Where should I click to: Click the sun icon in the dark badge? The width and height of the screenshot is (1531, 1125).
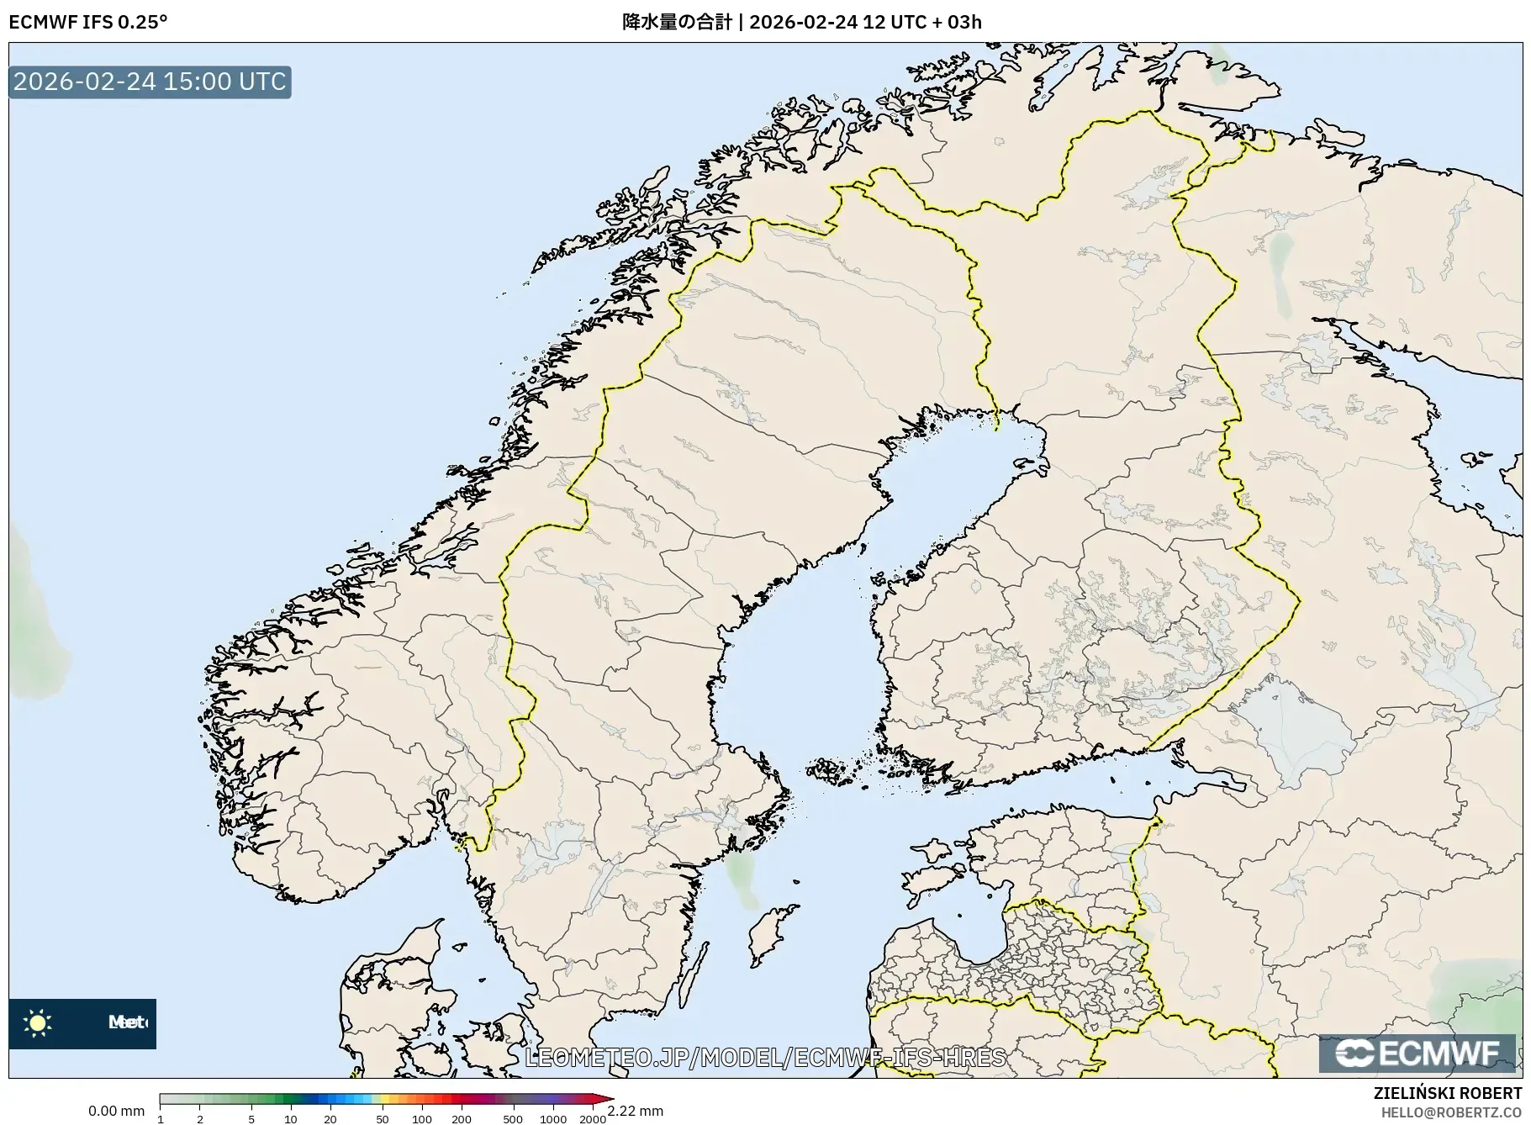38,1022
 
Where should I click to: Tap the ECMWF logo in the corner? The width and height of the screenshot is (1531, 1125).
1417,1054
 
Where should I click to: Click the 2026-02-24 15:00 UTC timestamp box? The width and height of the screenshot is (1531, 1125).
150,82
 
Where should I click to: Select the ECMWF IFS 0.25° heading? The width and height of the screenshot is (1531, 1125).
88,22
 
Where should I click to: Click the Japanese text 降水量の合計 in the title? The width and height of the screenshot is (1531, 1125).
677,22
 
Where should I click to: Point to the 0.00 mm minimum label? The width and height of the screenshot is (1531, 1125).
116,1111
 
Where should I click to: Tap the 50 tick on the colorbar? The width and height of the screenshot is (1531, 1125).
382,1119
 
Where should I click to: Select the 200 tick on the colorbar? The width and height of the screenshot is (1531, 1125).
461,1119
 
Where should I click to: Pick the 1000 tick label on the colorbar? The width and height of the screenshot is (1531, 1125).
552,1119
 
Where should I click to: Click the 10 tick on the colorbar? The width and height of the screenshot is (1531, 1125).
290,1119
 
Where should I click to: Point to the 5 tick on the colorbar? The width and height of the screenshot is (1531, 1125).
251,1119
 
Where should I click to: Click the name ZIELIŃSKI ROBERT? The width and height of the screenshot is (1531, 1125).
1447,1093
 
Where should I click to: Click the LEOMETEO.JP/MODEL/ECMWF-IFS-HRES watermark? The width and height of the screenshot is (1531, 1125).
765,1057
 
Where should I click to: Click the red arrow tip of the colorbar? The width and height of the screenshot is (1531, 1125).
604,1099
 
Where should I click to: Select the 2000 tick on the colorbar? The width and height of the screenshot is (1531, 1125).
593,1119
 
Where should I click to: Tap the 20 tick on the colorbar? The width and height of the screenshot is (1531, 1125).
330,1119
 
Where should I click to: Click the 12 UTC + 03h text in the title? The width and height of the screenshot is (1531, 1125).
922,22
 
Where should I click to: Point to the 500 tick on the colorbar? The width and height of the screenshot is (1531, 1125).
512,1119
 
